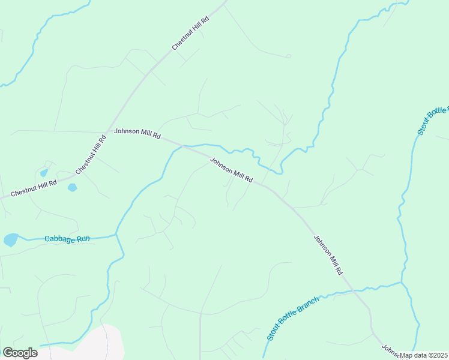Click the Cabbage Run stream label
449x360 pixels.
[x=67, y=239]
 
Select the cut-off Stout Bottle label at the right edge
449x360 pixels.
[x=433, y=121]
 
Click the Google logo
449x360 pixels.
[x=20, y=353]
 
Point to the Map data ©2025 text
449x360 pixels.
[x=424, y=355]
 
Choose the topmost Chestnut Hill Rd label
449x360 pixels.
[x=190, y=33]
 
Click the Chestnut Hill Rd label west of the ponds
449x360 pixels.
[x=34, y=187]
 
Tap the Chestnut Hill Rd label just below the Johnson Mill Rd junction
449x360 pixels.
[x=91, y=154]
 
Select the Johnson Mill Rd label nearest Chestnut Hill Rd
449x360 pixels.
[x=137, y=133]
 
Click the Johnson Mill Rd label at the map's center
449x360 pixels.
[x=232, y=171]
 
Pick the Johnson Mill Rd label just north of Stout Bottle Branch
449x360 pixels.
[x=328, y=255]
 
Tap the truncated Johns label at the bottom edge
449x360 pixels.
[x=390, y=350]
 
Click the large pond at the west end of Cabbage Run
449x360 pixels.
[x=11, y=241]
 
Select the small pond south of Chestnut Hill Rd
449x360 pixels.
[x=72, y=188]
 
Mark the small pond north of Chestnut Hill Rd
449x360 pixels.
[x=44, y=173]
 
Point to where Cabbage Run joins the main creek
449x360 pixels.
[x=116, y=235]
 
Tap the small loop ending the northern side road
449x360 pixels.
[x=288, y=56]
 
